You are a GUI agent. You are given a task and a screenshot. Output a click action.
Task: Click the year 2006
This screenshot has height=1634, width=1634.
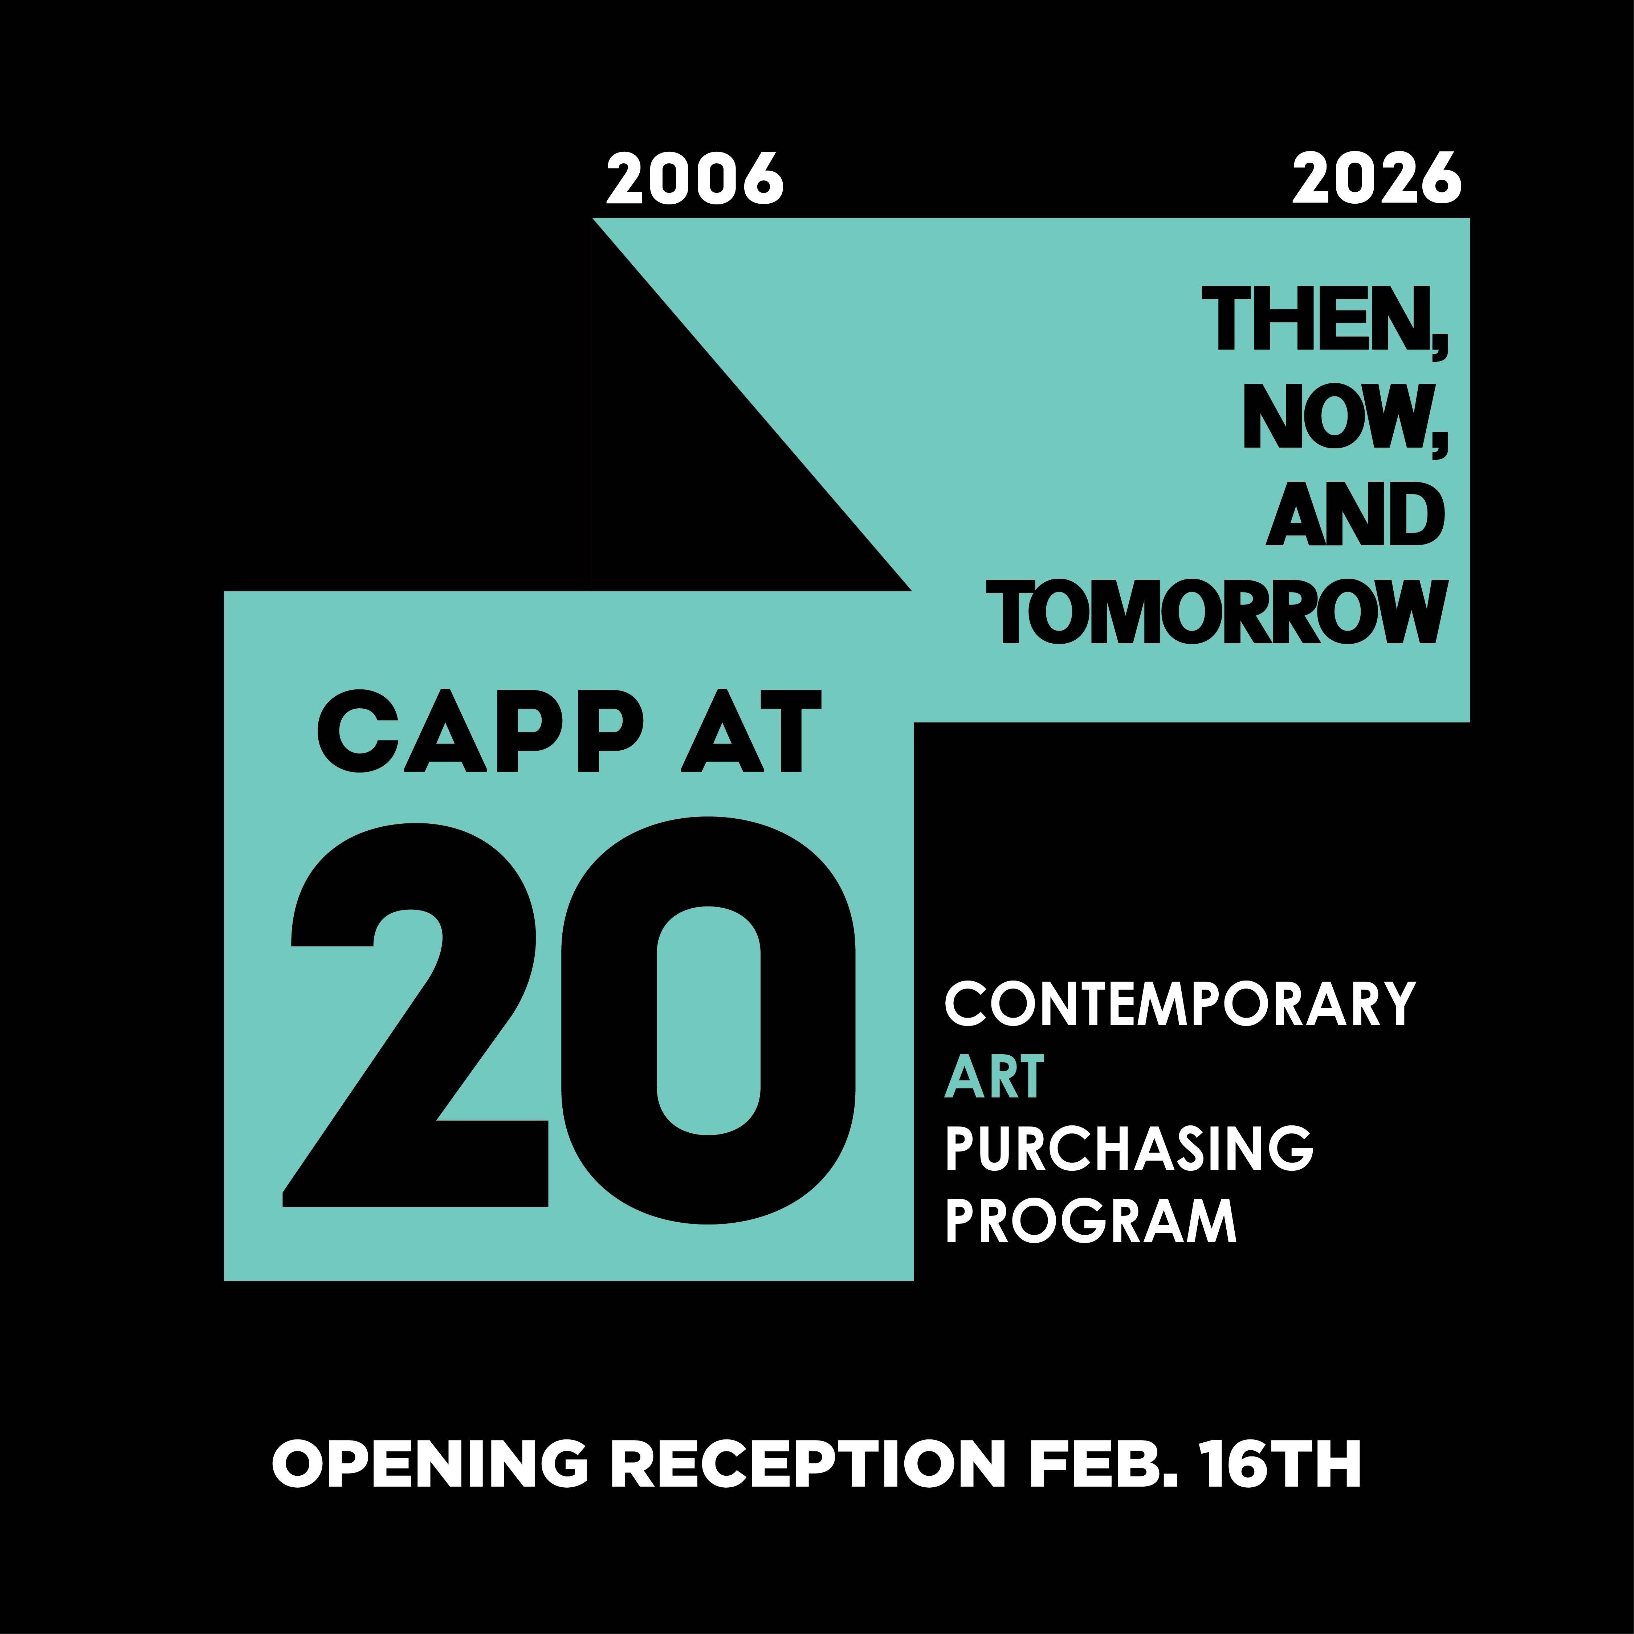point(694,179)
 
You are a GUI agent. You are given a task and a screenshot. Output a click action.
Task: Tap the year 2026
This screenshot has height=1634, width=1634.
point(1376,179)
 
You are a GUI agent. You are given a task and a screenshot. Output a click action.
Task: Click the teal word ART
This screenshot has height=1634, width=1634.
point(994,1077)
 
